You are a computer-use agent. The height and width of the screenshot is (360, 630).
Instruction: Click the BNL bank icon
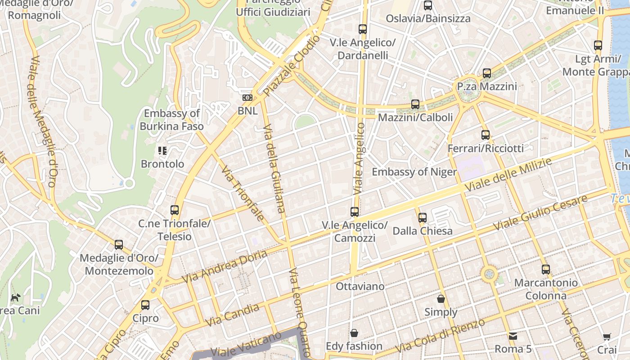247,98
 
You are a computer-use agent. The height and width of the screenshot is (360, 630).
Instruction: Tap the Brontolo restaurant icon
162,151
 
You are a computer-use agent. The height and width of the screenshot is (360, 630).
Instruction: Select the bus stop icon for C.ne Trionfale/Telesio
175,210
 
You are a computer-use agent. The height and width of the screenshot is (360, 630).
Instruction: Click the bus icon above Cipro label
145,305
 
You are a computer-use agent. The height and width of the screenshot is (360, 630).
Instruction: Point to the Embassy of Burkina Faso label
171,120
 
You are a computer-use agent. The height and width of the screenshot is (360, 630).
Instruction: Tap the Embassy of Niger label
414,172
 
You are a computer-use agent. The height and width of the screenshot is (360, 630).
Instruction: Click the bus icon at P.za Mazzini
487,73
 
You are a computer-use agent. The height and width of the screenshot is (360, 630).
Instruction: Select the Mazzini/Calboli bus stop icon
415,104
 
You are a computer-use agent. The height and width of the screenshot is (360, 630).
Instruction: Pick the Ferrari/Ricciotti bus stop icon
486,135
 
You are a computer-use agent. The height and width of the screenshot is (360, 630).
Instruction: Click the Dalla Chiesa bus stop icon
423,218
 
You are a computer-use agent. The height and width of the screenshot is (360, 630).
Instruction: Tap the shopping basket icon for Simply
441,299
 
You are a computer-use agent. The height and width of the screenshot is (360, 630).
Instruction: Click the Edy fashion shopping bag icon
354,333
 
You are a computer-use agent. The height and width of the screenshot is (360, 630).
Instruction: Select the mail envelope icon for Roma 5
513,336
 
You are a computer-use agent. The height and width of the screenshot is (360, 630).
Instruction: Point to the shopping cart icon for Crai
607,337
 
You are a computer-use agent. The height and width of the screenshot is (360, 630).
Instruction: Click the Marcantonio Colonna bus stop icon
546,270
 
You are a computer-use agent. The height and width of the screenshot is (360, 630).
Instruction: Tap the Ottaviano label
360,287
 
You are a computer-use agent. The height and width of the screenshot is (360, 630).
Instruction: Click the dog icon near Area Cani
16,297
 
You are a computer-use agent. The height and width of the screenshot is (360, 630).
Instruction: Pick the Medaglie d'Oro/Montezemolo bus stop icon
119,245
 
